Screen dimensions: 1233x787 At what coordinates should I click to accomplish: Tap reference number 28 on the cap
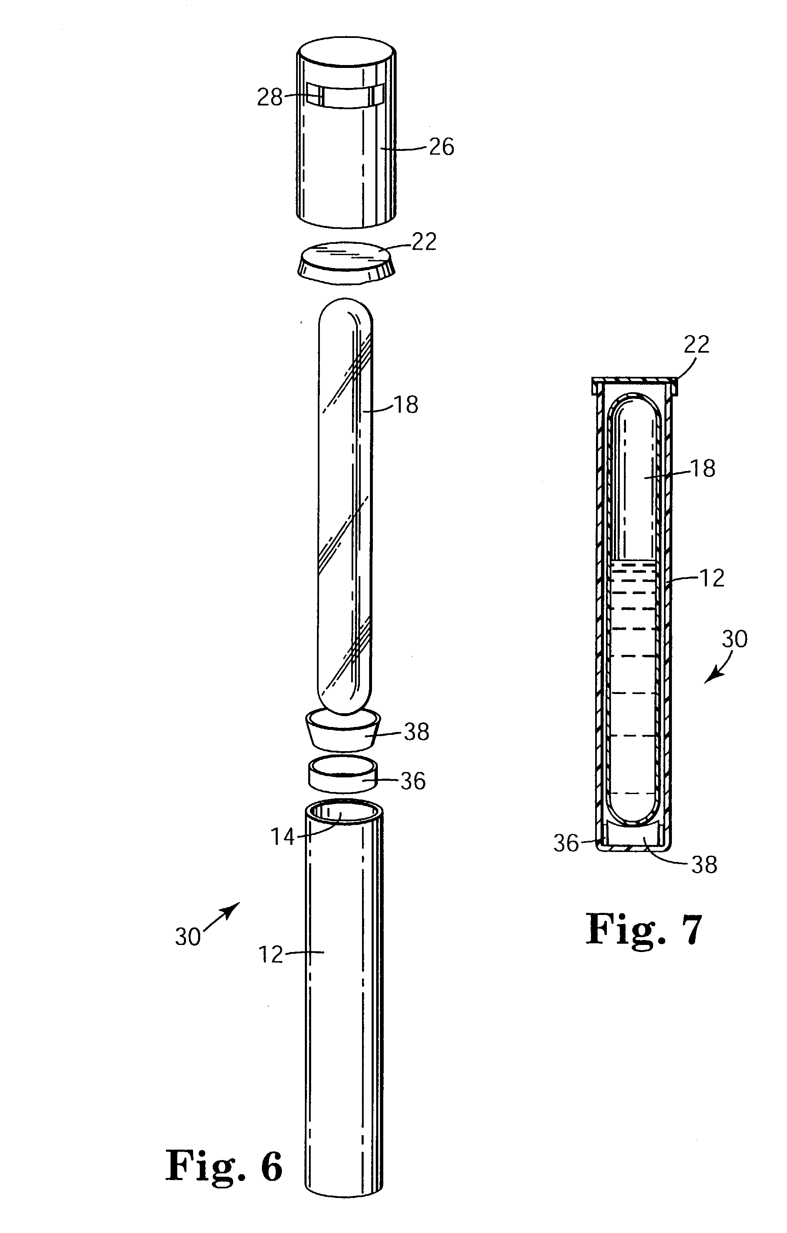[269, 97]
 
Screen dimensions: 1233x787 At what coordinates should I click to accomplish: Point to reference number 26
[441, 147]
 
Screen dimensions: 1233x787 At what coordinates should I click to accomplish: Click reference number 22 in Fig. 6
[423, 242]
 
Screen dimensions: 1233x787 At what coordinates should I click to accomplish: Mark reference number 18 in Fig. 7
[702, 469]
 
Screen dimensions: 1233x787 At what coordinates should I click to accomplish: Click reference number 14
[283, 837]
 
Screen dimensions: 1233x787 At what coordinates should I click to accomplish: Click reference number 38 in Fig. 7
[704, 865]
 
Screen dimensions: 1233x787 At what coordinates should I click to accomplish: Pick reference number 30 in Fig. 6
[188, 937]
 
